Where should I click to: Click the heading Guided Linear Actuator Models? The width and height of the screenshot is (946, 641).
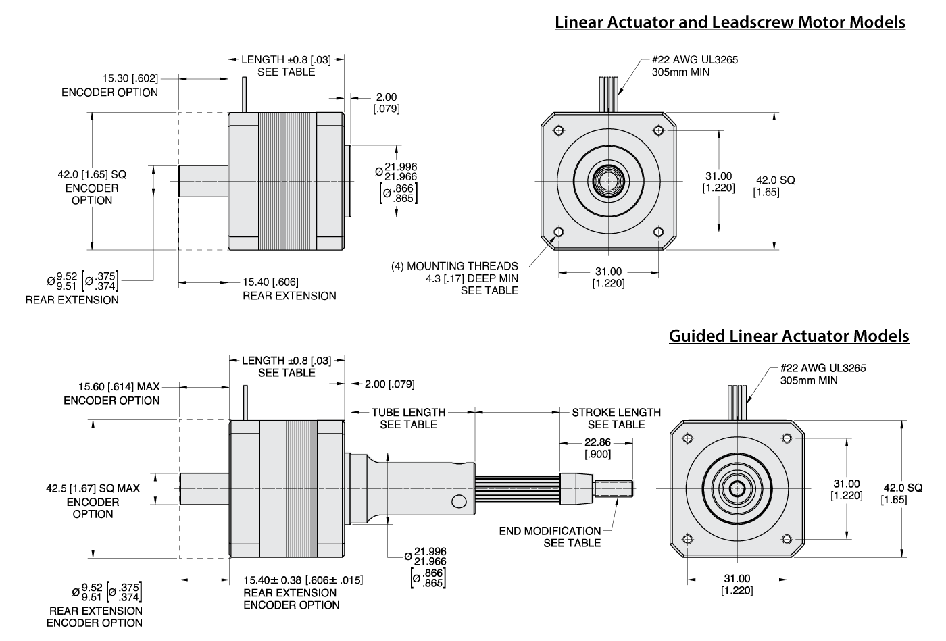[789, 336]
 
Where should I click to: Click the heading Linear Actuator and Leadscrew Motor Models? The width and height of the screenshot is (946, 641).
[730, 22]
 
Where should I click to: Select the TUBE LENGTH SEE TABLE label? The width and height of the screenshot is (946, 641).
[408, 418]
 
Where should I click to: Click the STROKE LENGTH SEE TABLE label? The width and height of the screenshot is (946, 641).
[616, 418]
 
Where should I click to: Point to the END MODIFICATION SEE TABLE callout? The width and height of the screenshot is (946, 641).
[550, 537]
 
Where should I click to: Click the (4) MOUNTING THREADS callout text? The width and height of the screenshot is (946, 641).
[455, 278]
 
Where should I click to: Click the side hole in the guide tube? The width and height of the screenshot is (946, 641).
[459, 501]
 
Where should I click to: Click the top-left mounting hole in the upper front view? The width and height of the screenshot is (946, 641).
[558, 130]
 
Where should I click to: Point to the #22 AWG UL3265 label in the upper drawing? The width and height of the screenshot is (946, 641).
[694, 66]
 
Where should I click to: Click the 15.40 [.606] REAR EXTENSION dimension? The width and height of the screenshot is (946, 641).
[289, 288]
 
